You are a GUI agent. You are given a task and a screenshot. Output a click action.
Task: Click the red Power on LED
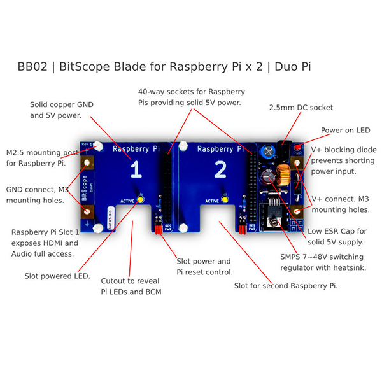coord(297,147)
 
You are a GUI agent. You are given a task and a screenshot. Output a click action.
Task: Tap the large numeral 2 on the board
coord(220,169)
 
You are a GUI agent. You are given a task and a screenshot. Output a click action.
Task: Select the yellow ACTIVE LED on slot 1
coord(141,199)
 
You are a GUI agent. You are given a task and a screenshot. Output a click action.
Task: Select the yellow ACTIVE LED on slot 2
coord(225,200)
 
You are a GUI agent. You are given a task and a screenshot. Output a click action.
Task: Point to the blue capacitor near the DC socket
coord(268,152)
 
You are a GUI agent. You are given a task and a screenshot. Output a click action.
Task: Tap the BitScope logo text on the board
coord(84,188)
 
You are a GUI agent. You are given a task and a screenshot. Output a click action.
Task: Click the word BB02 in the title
coord(32,67)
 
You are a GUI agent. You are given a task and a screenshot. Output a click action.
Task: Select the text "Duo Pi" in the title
coord(293,67)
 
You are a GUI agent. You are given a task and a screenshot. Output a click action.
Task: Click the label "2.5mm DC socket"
coord(301,108)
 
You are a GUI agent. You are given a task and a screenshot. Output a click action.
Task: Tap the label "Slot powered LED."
coord(57,276)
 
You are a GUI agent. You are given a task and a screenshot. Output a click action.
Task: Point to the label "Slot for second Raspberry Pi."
coord(286,286)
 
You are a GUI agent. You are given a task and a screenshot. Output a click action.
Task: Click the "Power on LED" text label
coord(346,130)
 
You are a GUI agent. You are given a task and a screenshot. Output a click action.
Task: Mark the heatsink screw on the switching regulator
coord(274,222)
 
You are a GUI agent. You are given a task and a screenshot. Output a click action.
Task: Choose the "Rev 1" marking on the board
coord(87,145)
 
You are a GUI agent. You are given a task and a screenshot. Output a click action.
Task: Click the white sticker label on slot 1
coord(111,218)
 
